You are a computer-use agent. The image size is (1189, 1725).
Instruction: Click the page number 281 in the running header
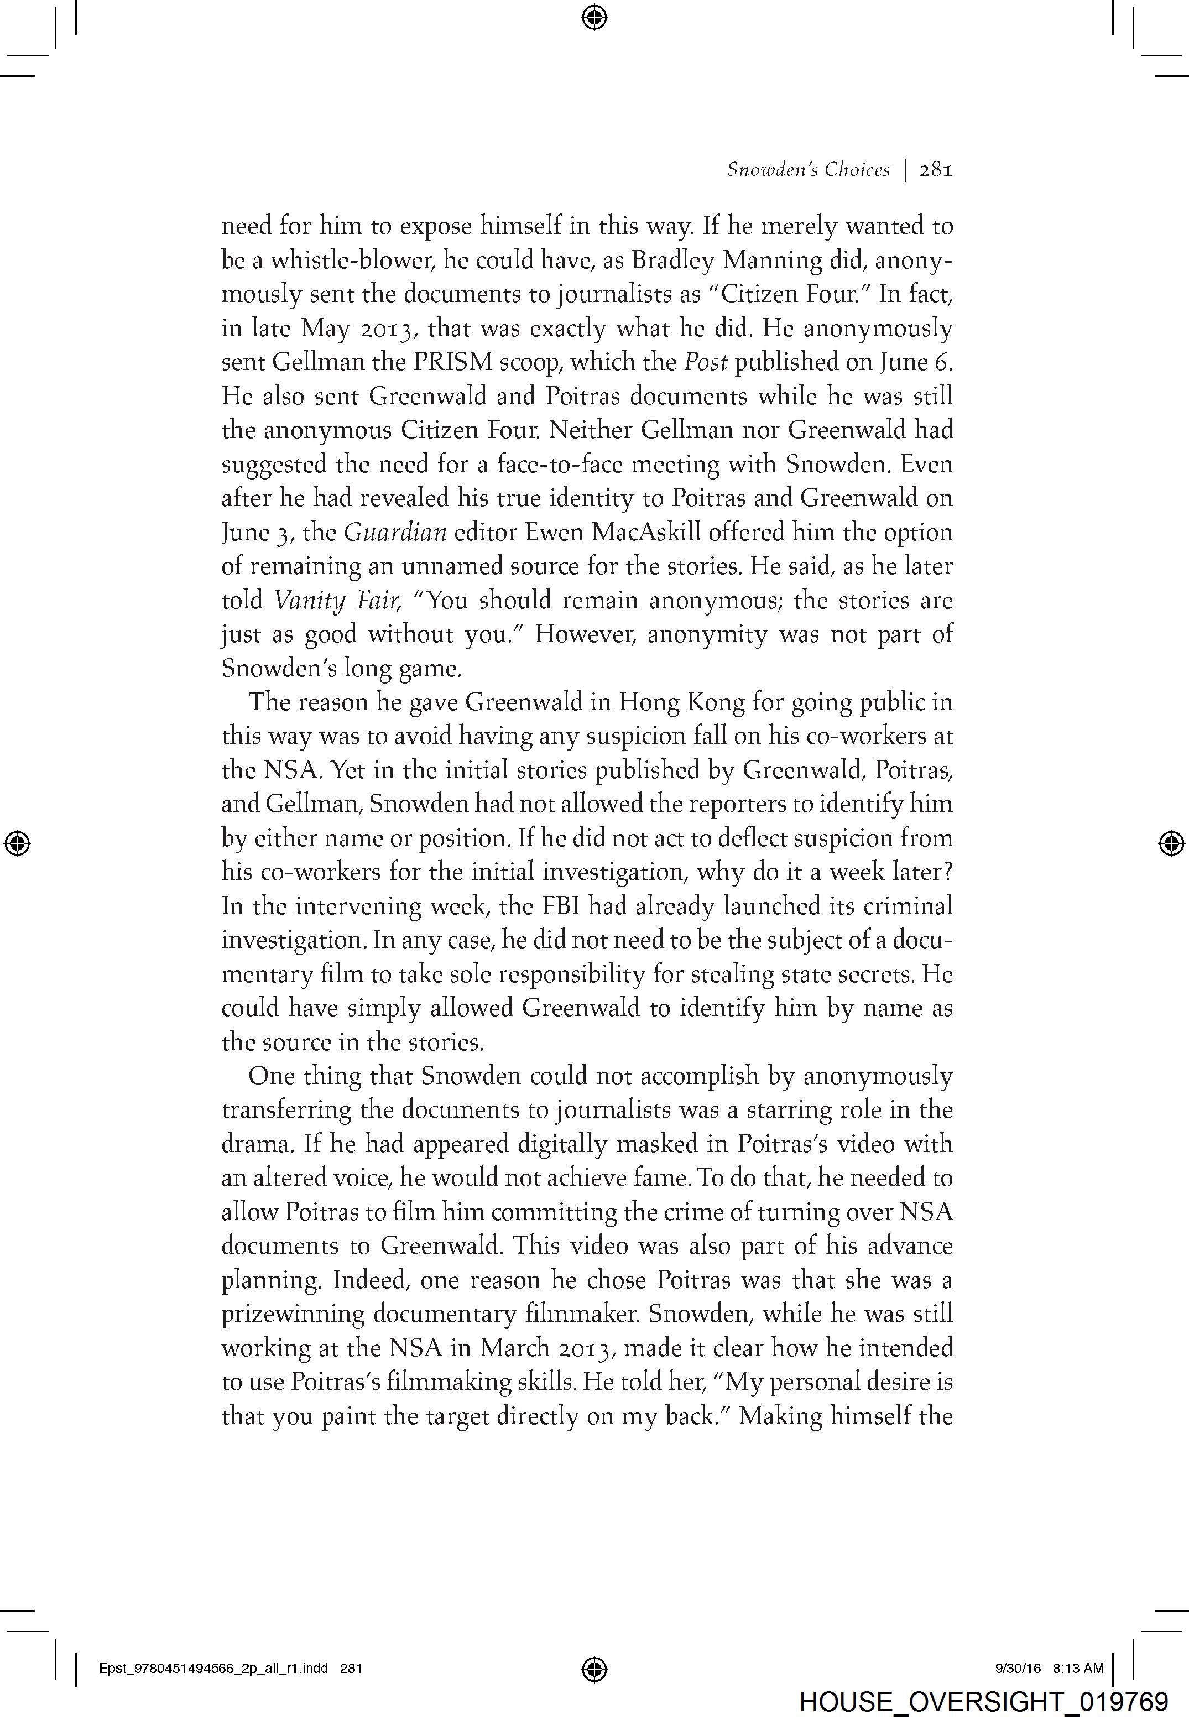pyautogui.click(x=936, y=170)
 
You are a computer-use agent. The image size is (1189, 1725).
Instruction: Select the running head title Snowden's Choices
pyautogui.click(x=809, y=170)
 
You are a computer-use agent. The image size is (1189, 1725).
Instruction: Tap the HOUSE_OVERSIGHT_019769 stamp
pyautogui.click(x=983, y=1701)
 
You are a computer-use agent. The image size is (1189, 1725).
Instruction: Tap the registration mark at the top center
pyautogui.click(x=594, y=17)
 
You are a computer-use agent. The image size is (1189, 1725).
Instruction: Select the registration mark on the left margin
pyautogui.click(x=17, y=843)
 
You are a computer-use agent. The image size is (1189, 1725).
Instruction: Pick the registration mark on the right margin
pyautogui.click(x=1171, y=843)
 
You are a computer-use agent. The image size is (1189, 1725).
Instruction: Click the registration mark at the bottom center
pyautogui.click(x=594, y=1669)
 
